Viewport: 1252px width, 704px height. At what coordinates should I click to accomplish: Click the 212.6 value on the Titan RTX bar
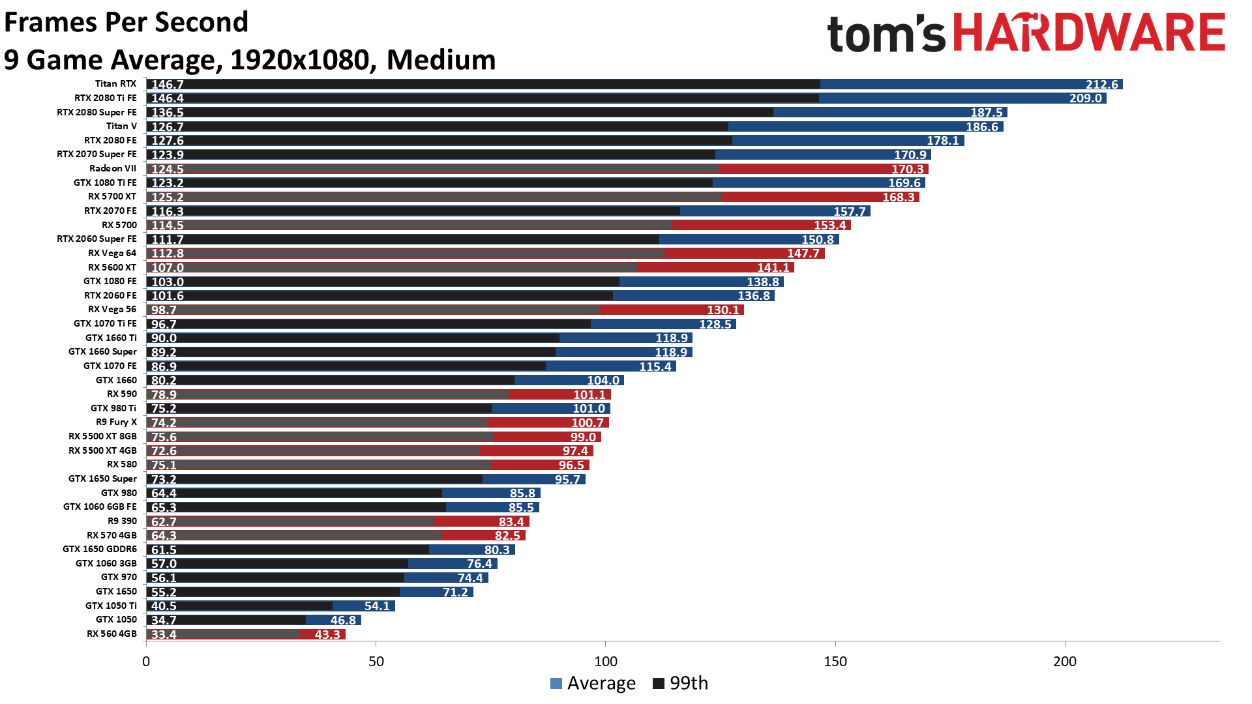coord(1101,85)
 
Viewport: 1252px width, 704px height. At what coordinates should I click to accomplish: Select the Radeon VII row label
coord(113,169)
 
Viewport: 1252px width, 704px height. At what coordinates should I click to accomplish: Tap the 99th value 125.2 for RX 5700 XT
coord(168,198)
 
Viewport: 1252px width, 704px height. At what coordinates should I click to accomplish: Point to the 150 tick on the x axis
coord(835,662)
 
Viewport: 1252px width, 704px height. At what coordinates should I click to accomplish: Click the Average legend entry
coord(593,683)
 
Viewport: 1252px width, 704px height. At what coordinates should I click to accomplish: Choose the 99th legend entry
coord(681,683)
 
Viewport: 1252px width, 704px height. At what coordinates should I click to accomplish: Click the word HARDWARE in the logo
coord(1089,34)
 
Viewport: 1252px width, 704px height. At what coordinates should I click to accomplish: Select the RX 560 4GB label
coord(112,634)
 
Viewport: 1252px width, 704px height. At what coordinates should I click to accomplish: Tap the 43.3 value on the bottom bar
coord(327,635)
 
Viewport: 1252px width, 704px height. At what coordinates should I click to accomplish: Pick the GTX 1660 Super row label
coord(102,352)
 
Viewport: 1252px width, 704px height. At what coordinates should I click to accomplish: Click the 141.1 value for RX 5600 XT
coord(773,268)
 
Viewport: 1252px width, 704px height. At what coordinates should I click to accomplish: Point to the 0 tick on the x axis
coord(146,662)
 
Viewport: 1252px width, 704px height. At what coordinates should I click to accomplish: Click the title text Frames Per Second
coord(126,22)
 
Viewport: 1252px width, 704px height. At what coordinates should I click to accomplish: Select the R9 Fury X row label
coord(116,422)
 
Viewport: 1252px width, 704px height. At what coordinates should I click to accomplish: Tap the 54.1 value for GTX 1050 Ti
coord(377,606)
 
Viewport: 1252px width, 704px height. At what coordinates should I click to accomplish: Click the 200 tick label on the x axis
coord(1065,662)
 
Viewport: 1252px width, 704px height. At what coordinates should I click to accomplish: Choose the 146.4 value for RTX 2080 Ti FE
coord(168,98)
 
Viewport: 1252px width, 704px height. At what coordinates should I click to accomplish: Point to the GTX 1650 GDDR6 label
coord(100,550)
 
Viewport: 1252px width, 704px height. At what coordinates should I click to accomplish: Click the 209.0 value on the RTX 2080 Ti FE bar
coord(1085,98)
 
